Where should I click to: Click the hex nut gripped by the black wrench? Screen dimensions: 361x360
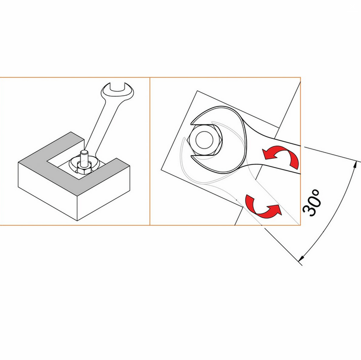[x=205, y=140]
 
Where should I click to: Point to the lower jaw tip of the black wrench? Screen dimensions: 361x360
[x=192, y=157]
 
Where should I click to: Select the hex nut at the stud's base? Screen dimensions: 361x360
[x=84, y=168]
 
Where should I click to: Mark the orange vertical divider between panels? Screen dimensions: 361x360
[x=150, y=151]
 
